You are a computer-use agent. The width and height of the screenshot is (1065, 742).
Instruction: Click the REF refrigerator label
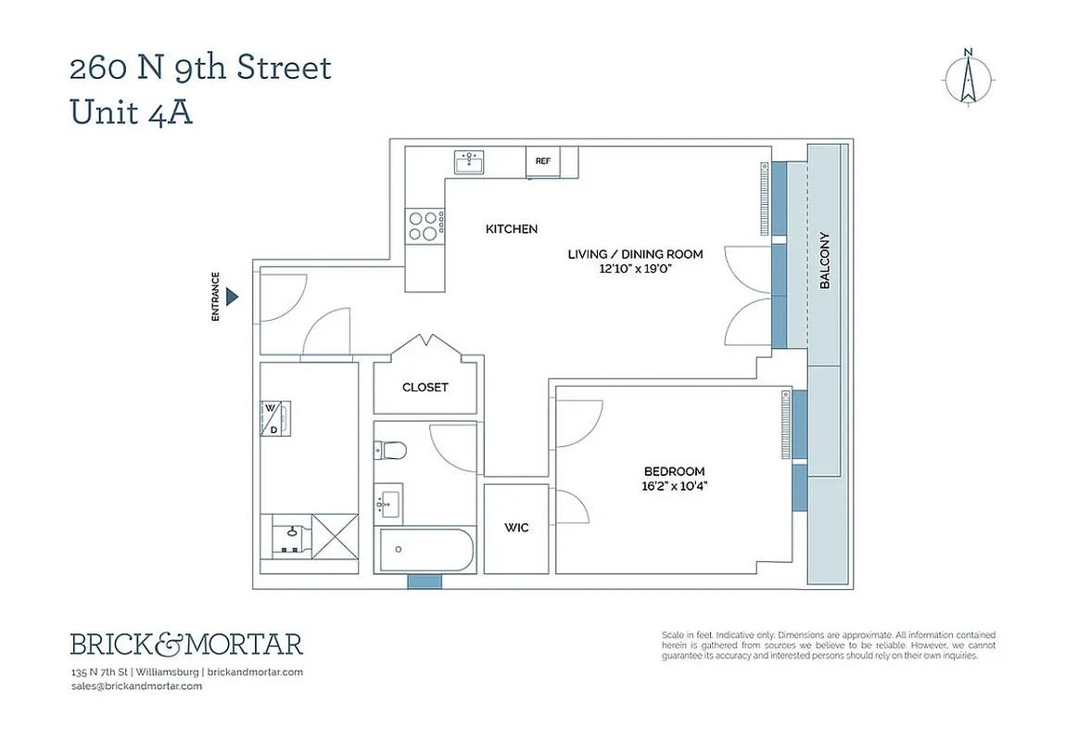coord(542,161)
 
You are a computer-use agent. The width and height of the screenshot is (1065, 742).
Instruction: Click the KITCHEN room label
coord(512,229)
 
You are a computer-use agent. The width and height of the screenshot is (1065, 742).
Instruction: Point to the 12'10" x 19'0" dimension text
coord(635,270)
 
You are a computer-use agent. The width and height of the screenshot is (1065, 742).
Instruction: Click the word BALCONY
coord(824,261)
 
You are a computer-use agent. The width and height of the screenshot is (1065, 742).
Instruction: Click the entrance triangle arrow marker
coord(234,297)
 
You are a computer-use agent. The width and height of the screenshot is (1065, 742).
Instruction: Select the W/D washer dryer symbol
coord(274,419)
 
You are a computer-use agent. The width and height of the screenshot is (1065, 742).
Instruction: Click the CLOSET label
coord(425,388)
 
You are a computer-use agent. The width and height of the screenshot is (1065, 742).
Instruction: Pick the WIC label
coord(516,528)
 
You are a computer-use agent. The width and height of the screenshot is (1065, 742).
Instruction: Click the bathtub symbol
coord(425,551)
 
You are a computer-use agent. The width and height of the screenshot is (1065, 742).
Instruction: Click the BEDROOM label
coord(674,471)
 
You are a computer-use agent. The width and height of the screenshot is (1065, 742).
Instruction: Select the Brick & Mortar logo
coord(186,644)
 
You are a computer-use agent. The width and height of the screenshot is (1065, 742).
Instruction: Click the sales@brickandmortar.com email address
coord(136,686)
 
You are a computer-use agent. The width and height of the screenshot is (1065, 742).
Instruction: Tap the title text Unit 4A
coord(132,112)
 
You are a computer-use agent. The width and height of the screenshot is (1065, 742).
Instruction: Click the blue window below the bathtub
coord(425,582)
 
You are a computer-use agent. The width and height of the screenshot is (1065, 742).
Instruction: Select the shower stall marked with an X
coord(335,536)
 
